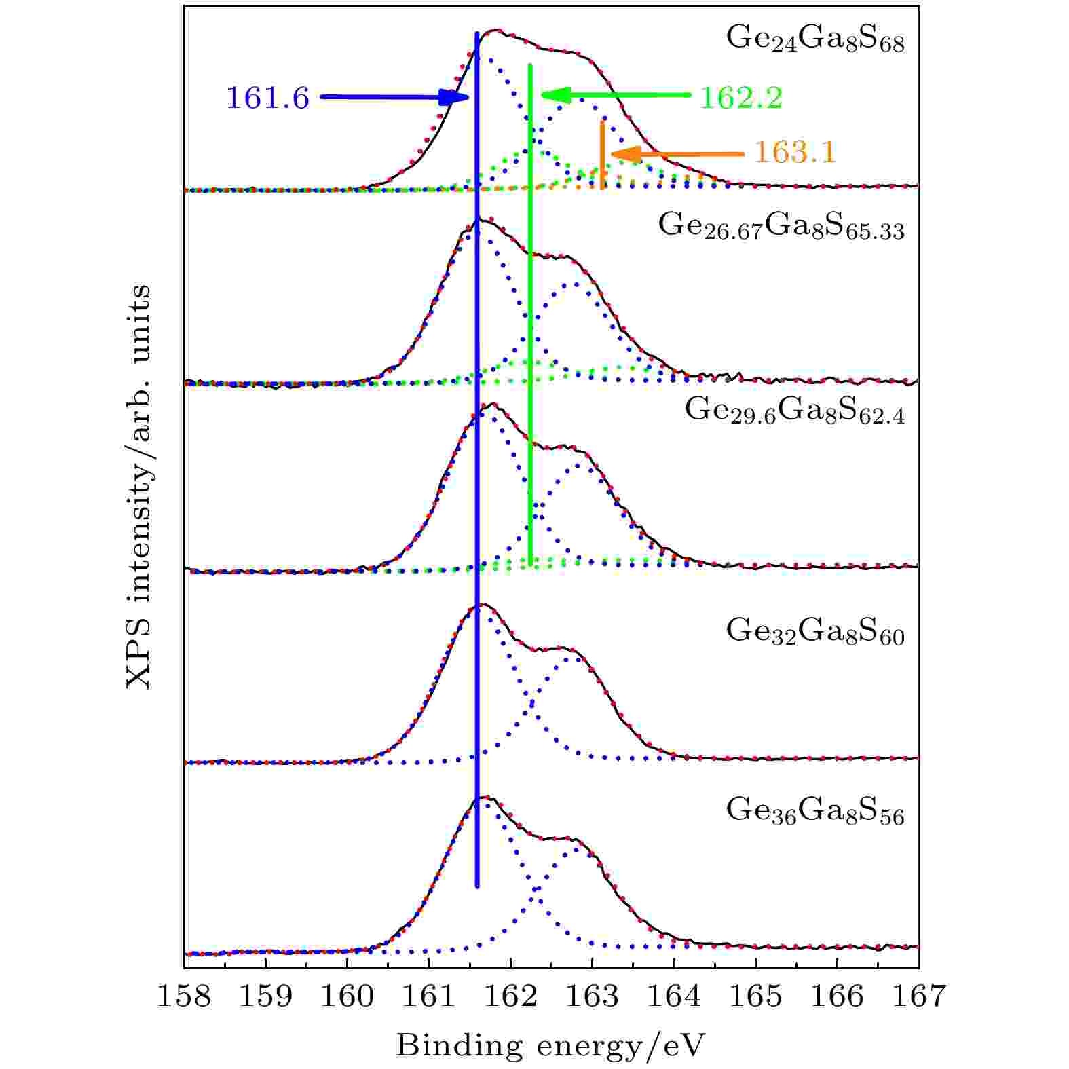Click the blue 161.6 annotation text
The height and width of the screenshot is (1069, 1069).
[x=267, y=99]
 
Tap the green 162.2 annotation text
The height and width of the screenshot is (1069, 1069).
[x=740, y=99]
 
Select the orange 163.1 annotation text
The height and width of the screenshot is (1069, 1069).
[x=795, y=153]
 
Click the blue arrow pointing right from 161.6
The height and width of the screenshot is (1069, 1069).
[x=394, y=97]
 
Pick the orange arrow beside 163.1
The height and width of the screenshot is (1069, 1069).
[x=679, y=154]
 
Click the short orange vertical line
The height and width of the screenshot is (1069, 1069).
[x=602, y=155]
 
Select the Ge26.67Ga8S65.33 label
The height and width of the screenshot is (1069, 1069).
[x=781, y=226]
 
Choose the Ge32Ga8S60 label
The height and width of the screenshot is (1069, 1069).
[x=814, y=631]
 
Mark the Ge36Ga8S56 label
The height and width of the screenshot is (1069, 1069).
[x=814, y=810]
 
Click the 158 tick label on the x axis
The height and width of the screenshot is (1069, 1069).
[x=185, y=996]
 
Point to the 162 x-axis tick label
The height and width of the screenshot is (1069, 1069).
[x=510, y=996]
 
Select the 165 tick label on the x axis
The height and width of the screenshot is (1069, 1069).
[x=755, y=996]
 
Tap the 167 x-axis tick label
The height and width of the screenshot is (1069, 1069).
[x=918, y=996]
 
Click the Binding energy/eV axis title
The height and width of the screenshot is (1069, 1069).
[x=550, y=1046]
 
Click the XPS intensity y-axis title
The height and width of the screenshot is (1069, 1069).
[x=138, y=485]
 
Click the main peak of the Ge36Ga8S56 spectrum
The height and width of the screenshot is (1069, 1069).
[x=483, y=798]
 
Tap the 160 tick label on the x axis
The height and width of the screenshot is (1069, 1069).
[x=348, y=996]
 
